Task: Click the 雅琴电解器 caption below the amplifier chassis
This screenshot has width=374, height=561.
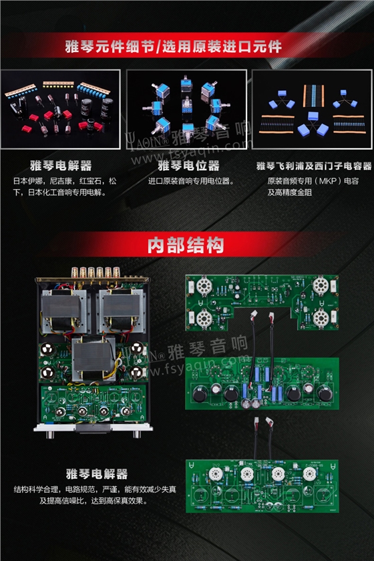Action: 96,474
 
